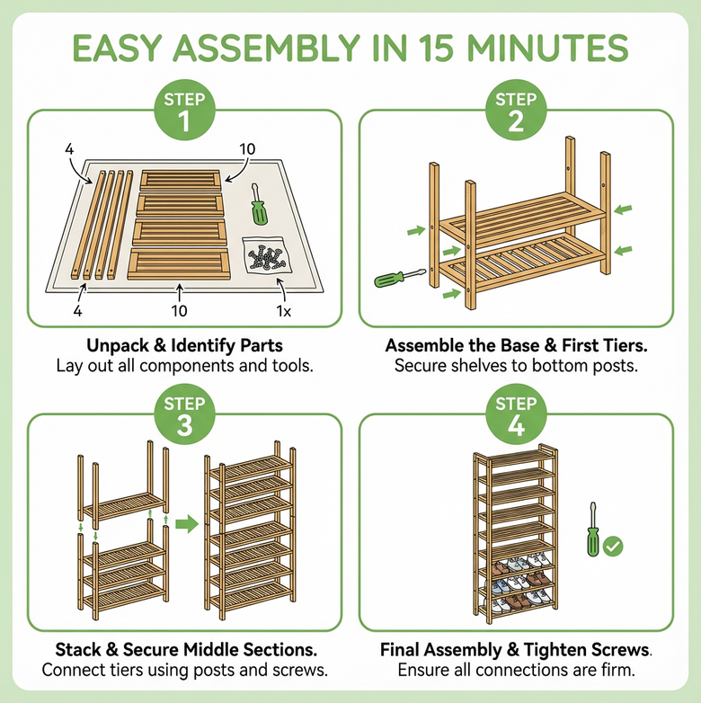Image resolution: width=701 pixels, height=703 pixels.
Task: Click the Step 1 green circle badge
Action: [x=185, y=111]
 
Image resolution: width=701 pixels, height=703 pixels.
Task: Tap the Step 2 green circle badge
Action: [x=516, y=111]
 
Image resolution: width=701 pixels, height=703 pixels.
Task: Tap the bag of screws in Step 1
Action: [x=267, y=257]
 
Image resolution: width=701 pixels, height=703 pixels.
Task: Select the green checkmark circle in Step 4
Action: [x=616, y=545]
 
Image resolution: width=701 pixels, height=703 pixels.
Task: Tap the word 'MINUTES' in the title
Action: [x=540, y=49]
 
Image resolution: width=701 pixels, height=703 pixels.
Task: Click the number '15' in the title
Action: [x=414, y=49]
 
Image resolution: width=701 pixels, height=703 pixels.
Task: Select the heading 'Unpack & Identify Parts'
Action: [x=184, y=345]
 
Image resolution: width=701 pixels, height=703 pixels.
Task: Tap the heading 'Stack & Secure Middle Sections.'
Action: [x=184, y=650]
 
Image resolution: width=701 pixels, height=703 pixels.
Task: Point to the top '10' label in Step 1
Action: [x=248, y=147]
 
